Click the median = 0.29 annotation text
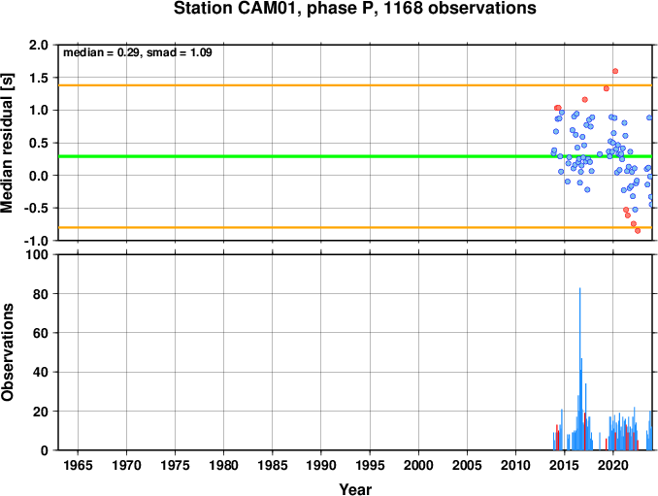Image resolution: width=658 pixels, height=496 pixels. [101, 52]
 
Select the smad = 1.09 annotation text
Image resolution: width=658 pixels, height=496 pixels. [180, 52]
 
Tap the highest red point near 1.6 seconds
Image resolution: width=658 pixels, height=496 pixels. [615, 71]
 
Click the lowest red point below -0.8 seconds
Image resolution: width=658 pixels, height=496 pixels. [638, 231]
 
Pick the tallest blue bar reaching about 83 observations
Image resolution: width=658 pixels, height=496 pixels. [580, 369]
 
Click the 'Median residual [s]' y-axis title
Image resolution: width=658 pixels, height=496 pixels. [7, 143]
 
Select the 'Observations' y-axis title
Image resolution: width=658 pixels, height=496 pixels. [7, 352]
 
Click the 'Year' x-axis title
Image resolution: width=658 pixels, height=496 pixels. [355, 489]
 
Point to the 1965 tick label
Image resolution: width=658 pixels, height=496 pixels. [78, 465]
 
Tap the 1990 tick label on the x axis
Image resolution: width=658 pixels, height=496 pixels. [321, 465]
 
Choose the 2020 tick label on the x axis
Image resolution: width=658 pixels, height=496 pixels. [613, 465]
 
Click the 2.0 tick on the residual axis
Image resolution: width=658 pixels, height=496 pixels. [39, 45]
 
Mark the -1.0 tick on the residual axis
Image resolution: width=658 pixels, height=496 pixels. [36, 241]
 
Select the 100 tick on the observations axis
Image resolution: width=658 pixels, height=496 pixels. [37, 254]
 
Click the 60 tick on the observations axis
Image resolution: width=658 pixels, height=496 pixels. [41, 333]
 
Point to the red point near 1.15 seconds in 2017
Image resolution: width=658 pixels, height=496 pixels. [585, 99]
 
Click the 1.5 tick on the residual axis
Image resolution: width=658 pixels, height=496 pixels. [39, 78]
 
